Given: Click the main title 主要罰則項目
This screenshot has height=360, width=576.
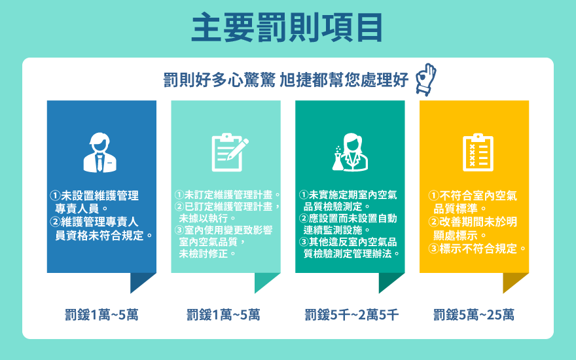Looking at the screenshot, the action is tap(287, 27).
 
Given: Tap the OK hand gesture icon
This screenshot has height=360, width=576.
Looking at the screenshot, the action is tap(425, 79).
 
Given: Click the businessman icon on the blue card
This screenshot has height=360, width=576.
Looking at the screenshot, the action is tap(100, 153).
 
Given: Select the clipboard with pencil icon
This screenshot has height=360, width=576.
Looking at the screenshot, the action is tap(230, 153).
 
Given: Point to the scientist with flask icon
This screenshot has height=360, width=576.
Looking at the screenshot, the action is tap(350, 152).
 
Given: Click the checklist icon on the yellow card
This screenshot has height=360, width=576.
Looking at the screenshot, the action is tap(478, 153).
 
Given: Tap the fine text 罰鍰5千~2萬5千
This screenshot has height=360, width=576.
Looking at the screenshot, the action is tap(351, 315).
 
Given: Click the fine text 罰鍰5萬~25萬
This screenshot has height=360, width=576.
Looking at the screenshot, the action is tap(473, 315).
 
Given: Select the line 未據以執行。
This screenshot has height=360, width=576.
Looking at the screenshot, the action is tap(207, 218).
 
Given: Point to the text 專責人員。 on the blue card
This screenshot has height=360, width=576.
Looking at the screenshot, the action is tap(82, 209).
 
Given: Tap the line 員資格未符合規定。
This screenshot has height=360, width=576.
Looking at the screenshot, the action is tap(104, 235).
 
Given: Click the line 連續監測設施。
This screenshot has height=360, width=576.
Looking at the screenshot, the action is tap(336, 230).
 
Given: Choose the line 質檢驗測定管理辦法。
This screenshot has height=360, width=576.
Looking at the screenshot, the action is tap(351, 253).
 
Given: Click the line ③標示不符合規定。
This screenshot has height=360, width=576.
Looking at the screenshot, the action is tap(477, 249).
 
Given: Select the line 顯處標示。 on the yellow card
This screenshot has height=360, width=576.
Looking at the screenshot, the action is tap(460, 235).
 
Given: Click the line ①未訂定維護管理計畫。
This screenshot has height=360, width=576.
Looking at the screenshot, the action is tap(227, 194).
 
